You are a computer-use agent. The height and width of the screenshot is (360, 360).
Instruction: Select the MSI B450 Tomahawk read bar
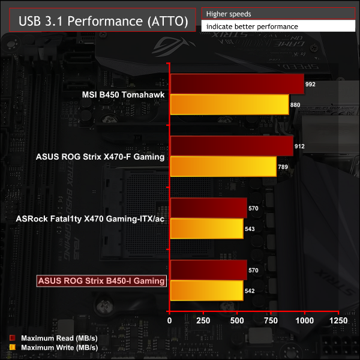pos(238,84)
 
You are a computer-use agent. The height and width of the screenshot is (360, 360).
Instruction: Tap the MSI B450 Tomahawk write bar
pos(230,104)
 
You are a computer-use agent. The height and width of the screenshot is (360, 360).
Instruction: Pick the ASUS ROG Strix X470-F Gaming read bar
pos(232,146)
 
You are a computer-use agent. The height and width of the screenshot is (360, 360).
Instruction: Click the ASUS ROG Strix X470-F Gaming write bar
pos(223,166)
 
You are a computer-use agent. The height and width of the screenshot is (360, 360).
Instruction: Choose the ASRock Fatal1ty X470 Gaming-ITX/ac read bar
pos(209,208)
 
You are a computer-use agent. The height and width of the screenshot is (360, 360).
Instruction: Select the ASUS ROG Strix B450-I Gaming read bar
pos(209,270)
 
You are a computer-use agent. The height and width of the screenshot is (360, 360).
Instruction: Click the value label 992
pos(310,85)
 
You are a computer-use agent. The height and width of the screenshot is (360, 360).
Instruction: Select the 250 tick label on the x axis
pos(204,321)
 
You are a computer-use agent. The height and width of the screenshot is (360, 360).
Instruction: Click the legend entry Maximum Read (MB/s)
pos(59,339)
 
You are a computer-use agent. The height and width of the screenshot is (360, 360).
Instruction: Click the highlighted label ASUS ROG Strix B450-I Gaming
pos(101,280)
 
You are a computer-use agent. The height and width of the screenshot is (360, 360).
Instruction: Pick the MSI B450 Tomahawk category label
pos(123,94)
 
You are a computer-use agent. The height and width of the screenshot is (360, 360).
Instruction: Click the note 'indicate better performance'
pos(251,26)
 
